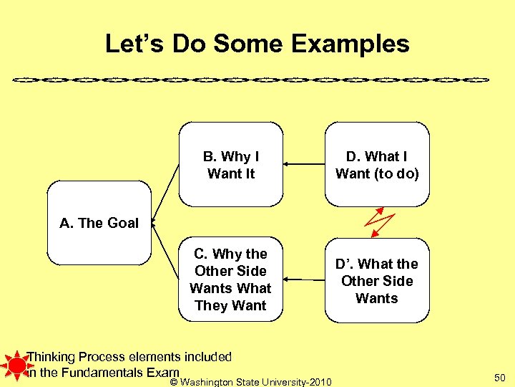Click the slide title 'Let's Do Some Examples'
[x=257, y=44]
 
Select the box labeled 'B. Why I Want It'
[x=231, y=165]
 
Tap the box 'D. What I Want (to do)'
[x=377, y=165]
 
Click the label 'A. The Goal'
[x=99, y=223]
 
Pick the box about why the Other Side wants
[x=231, y=279]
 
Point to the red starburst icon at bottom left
[x=14, y=365]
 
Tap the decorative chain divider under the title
[x=257, y=77]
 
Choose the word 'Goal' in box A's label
[x=123, y=223]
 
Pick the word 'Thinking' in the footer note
[x=51, y=356]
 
